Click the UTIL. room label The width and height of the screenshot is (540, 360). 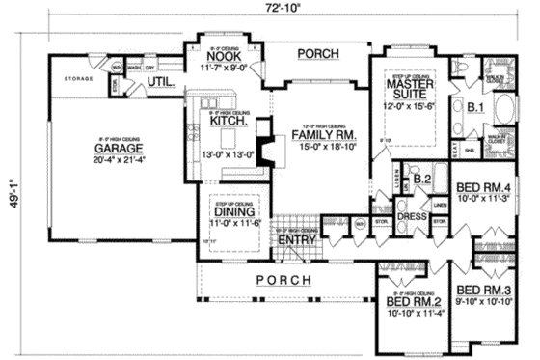[x=160, y=84]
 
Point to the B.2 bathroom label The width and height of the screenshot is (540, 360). [x=420, y=178]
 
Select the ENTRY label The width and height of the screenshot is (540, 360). [x=296, y=240]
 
